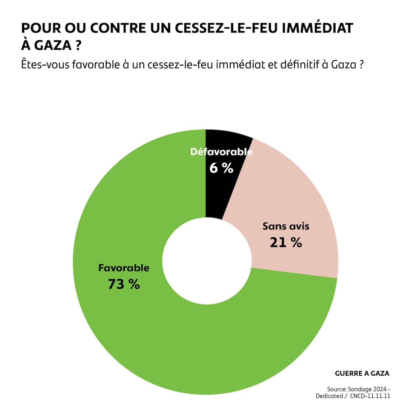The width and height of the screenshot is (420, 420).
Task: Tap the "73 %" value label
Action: [124, 284]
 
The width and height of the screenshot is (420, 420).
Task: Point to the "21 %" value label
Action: [286, 242]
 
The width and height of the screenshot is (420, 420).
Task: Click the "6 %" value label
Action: [221, 168]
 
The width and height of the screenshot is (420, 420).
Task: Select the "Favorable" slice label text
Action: [124, 268]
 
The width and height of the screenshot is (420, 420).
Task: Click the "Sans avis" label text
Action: [286, 226]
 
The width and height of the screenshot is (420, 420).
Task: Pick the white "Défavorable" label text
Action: [221, 152]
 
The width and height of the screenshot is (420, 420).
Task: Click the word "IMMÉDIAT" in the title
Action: [317, 28]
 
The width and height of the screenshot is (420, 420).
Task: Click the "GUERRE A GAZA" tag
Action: [362, 373]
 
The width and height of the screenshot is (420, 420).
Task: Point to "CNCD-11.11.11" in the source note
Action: [370, 396]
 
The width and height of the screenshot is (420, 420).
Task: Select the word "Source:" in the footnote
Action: [337, 389]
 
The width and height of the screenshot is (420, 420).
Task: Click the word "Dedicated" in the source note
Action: [329, 396]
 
